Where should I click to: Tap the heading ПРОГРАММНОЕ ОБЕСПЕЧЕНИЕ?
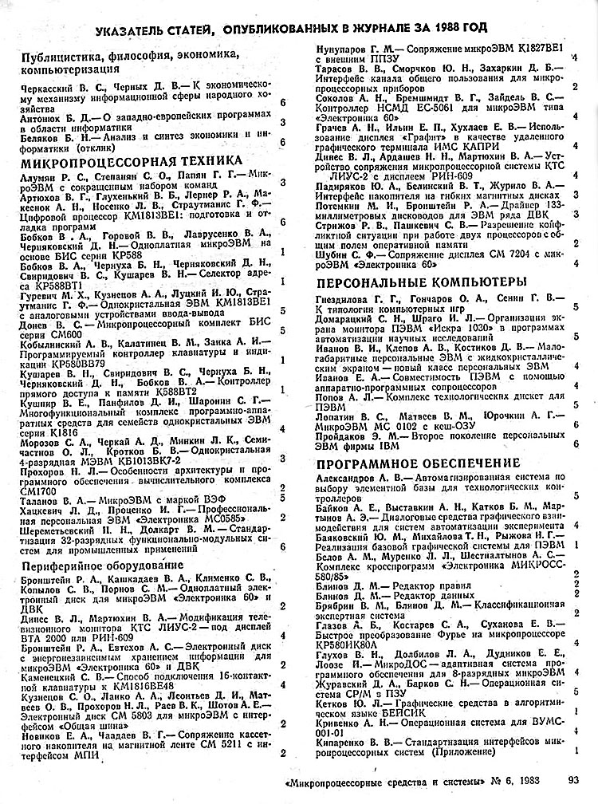(419, 463)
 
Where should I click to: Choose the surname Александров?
(352, 477)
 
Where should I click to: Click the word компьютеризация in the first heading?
(69, 69)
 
